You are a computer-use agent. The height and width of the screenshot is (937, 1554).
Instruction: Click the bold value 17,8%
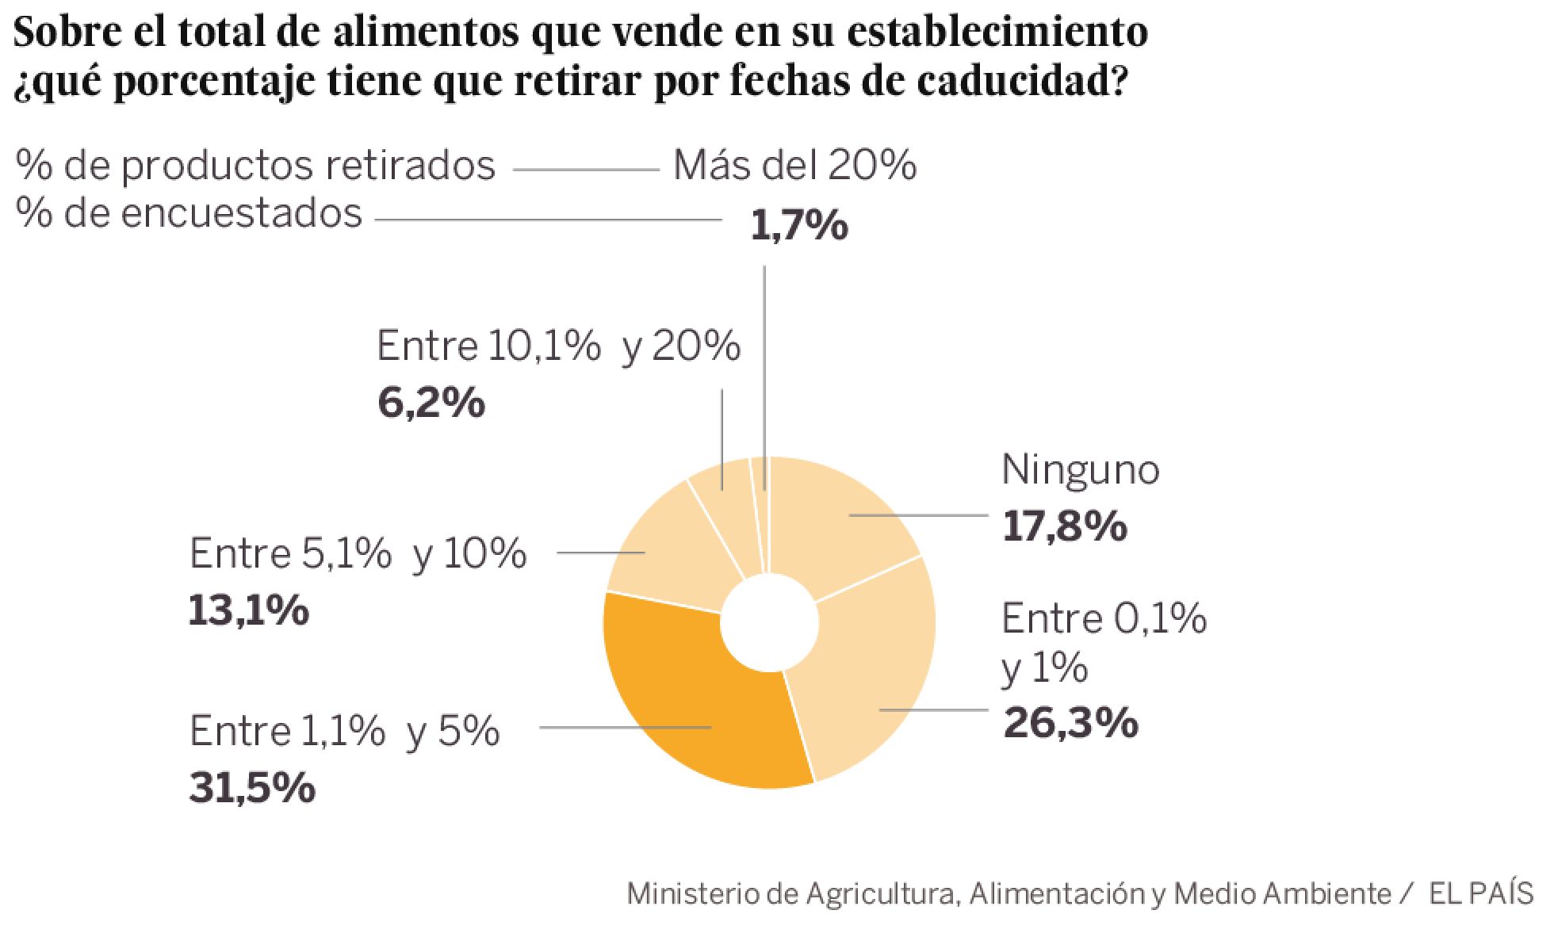[x=1064, y=526]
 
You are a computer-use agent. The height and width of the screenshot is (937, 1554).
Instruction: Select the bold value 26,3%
[x=1070, y=723]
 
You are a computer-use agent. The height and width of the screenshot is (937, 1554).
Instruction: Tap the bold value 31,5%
[x=252, y=788]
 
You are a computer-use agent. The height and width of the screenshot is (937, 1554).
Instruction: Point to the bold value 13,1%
[x=248, y=611]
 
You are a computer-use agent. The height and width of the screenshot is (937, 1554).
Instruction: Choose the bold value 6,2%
[x=431, y=403]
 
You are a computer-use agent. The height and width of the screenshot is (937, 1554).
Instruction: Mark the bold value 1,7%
[x=798, y=226]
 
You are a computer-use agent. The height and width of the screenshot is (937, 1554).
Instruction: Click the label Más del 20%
[x=794, y=166]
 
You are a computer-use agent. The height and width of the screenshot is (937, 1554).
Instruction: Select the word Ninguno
[x=1080, y=469]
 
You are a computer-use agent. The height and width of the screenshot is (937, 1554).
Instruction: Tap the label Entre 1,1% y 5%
[x=345, y=731]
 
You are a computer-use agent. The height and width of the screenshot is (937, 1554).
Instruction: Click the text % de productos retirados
[x=255, y=166]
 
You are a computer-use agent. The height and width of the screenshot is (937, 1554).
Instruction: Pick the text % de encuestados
[x=189, y=213]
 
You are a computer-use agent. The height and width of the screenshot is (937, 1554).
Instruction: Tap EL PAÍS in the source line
[x=1480, y=893]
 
